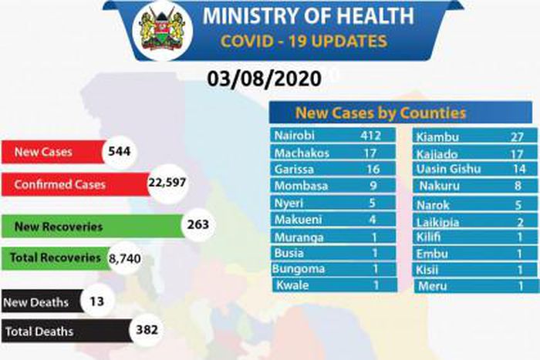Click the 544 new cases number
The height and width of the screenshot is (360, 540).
[x=120, y=152]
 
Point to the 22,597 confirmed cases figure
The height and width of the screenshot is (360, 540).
[x=167, y=185]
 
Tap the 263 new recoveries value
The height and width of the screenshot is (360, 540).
[x=198, y=224]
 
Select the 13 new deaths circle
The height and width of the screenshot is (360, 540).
[x=96, y=300]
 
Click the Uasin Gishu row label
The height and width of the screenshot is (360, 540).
[x=447, y=169]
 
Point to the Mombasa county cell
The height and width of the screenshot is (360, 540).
[x=300, y=186]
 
